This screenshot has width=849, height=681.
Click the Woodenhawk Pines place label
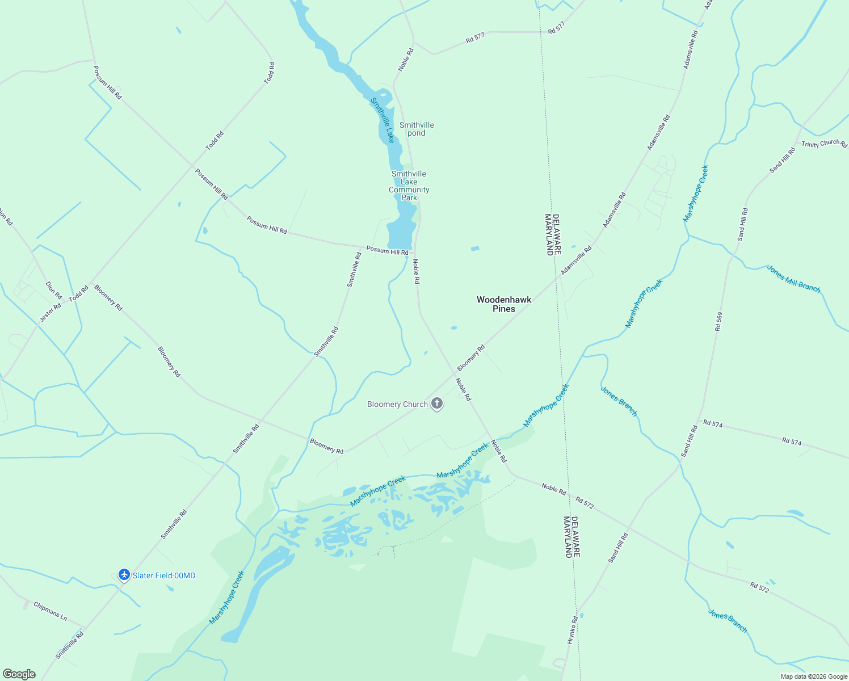504,304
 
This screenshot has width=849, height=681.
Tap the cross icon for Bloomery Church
437,403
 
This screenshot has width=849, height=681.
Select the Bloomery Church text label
397,404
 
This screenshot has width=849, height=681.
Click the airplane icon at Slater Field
124,575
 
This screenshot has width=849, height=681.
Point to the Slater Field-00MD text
164,575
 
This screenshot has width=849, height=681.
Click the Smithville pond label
417,129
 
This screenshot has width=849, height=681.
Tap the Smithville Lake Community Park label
409,186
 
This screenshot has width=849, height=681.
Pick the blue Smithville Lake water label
383,120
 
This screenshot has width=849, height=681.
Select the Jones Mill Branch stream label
793,279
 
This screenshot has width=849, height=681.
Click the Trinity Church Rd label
824,144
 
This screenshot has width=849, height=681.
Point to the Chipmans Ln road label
50,611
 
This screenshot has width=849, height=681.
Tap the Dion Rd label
53,290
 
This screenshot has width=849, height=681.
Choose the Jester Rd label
50,313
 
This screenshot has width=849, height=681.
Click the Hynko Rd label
573,629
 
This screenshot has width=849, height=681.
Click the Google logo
19,674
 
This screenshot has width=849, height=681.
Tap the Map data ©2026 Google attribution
814,676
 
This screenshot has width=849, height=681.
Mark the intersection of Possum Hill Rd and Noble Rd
414,252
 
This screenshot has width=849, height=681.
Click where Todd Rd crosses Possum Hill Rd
192,166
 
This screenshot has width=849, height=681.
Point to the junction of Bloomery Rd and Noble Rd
454,373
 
